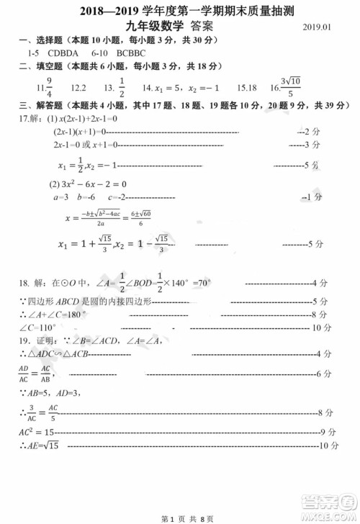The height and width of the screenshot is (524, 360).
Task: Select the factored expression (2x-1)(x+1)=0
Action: click(x=80, y=132)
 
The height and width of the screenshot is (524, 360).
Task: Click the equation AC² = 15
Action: click(x=36, y=431)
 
